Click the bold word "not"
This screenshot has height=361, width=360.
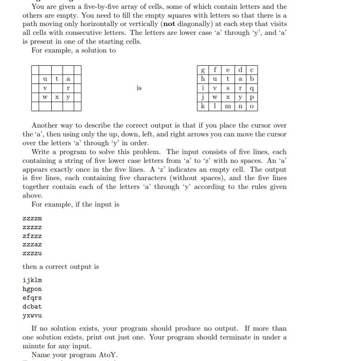171,24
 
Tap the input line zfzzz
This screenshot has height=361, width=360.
32,236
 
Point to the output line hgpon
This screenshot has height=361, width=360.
32,289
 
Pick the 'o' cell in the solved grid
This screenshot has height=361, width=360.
252,106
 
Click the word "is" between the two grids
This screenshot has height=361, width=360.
139,88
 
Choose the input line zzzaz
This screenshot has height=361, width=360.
32,244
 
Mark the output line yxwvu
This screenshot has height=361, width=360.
32,315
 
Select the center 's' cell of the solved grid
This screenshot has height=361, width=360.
227,88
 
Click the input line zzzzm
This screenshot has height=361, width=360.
32,218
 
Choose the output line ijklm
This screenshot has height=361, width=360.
32,280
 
